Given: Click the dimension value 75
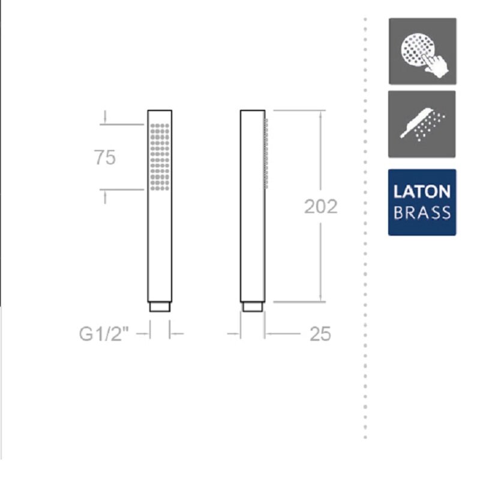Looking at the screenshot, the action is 105,158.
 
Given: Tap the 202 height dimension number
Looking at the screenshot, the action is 321,206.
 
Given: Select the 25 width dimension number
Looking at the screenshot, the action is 320,334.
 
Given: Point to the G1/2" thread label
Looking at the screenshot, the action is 104,334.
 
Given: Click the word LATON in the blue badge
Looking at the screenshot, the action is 422,191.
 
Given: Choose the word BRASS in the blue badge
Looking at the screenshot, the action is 422,212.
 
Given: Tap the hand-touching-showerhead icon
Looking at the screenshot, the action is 422,51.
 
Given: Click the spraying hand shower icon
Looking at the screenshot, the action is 422,124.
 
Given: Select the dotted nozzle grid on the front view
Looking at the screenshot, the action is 160,157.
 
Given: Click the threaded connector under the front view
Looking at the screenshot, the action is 160,307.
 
